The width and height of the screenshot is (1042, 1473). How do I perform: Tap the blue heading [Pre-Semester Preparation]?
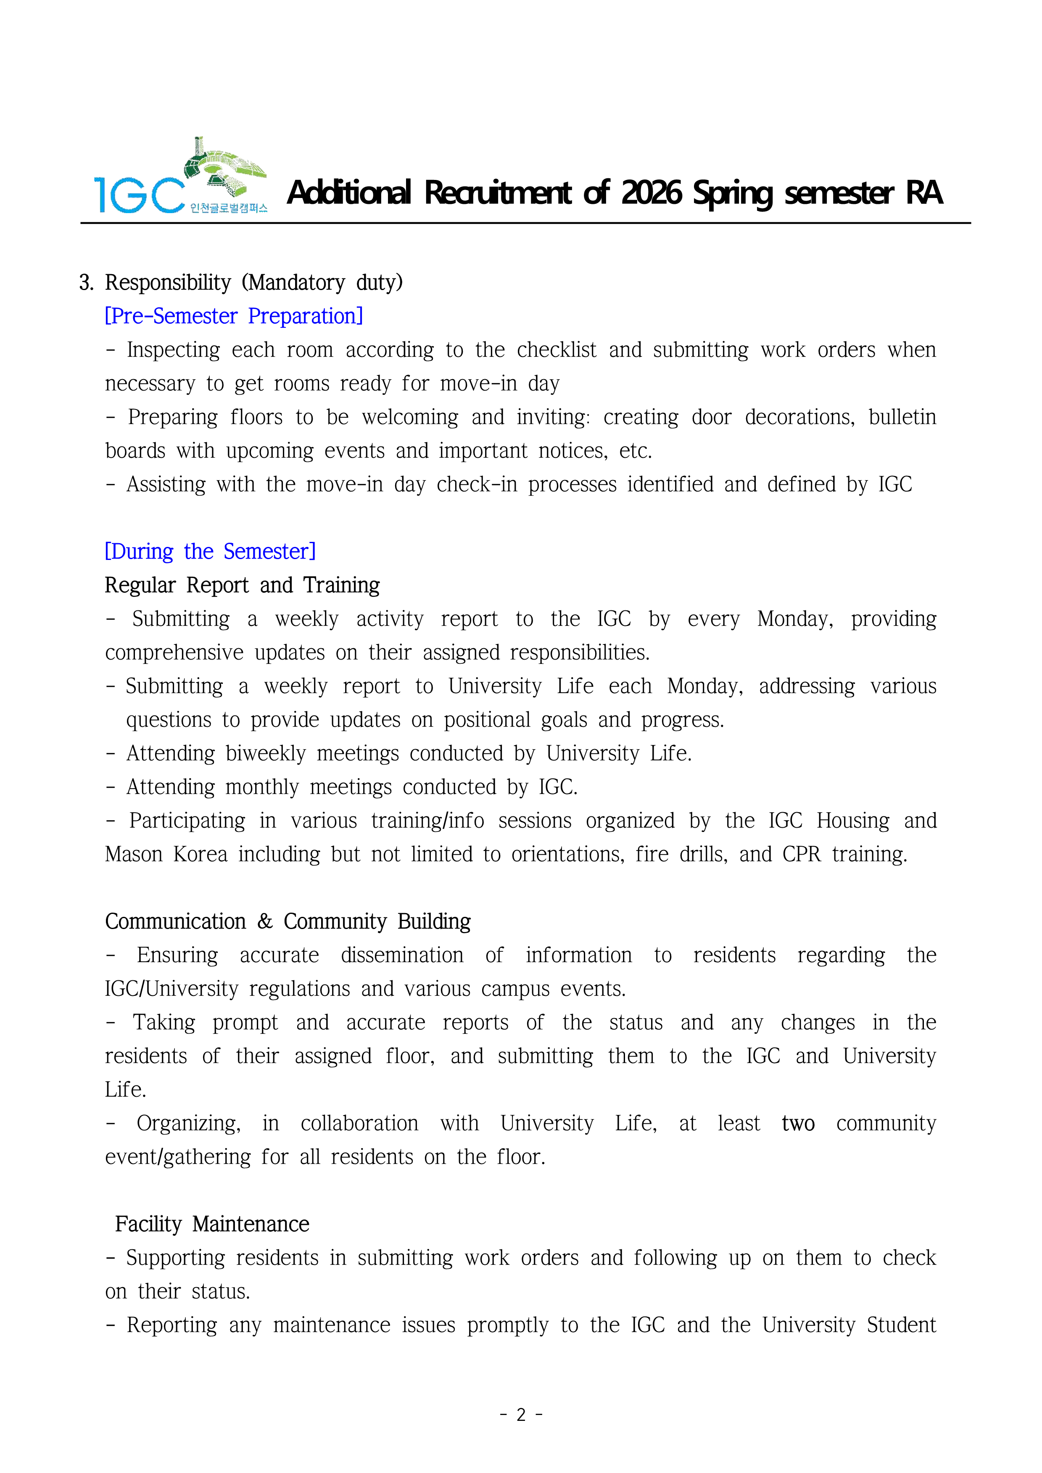(x=234, y=316)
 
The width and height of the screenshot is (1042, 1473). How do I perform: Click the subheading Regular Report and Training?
(x=242, y=585)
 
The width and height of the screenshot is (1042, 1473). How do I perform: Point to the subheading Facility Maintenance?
(x=212, y=1224)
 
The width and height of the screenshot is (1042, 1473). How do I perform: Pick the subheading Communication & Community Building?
(x=288, y=921)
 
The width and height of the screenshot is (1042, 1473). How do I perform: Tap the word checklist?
(x=556, y=350)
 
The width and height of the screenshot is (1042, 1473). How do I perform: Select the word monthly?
(x=262, y=787)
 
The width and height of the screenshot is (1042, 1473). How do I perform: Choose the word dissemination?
(x=402, y=955)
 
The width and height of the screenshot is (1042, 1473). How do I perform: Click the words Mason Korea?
(x=166, y=855)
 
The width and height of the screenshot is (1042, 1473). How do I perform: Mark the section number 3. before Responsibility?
(x=87, y=283)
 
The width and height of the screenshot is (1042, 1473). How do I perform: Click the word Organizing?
(x=189, y=1123)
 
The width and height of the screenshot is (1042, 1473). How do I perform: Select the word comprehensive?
(x=174, y=652)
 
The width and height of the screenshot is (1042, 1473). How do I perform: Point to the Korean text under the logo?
(x=228, y=208)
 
